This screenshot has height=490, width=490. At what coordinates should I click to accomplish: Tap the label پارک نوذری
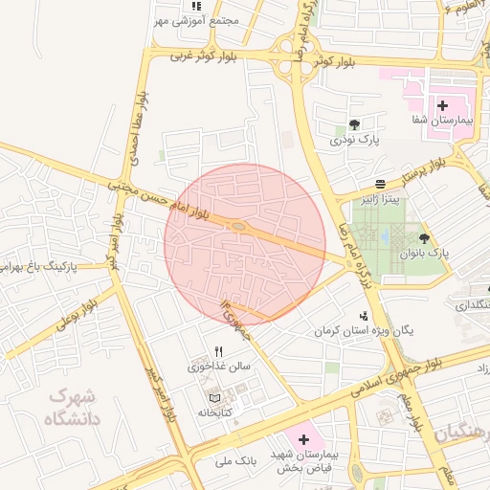(356, 140)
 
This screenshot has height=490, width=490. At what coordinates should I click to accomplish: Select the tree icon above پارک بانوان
(423, 238)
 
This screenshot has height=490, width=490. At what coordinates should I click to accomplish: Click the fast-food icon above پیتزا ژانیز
(381, 183)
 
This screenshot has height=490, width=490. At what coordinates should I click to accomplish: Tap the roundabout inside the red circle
(237, 227)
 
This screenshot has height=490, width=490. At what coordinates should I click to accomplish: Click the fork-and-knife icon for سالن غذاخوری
(219, 351)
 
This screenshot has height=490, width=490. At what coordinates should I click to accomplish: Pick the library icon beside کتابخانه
(213, 397)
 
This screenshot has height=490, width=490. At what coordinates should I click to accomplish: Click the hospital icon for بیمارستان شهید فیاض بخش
(303, 440)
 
